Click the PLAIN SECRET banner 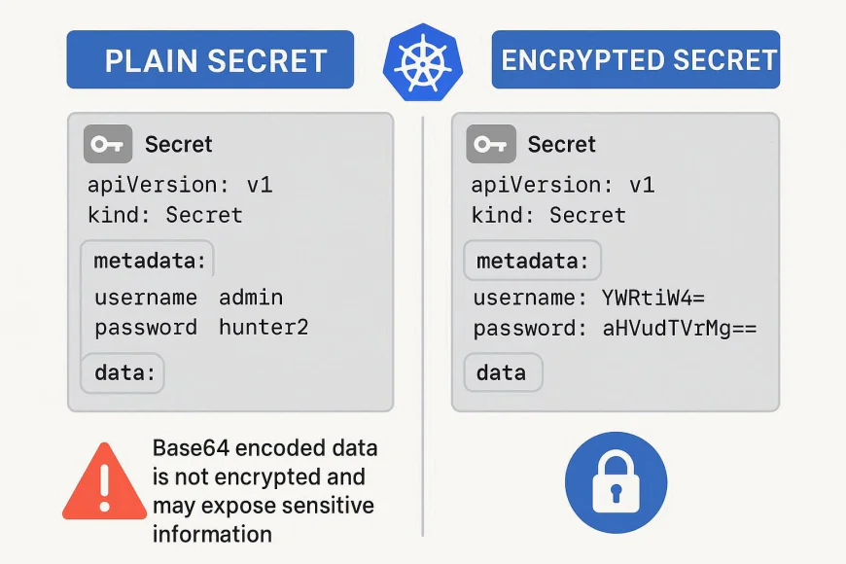pyautogui.click(x=210, y=60)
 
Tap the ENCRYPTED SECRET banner pyautogui.click(x=636, y=60)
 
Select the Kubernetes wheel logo pyautogui.click(x=422, y=61)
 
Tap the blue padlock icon pyautogui.click(x=617, y=483)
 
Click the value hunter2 pyautogui.click(x=264, y=328)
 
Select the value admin pyautogui.click(x=251, y=298)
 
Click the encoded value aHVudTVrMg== pyautogui.click(x=680, y=329)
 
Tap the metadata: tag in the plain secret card pyautogui.click(x=150, y=261)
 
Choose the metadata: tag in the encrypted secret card pyautogui.click(x=532, y=262)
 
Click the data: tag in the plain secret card pyautogui.click(x=123, y=373)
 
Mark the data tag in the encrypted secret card pyautogui.click(x=501, y=372)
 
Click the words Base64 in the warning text pyautogui.click(x=188, y=448)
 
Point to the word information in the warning pyautogui.click(x=212, y=534)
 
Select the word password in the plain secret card pyautogui.click(x=146, y=328)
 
